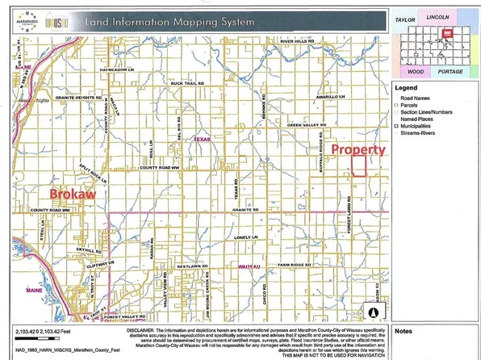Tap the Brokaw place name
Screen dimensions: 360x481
73,195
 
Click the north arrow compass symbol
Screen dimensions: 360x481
374,309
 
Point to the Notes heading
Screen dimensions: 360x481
405,331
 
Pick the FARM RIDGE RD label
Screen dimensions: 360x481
291,264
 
